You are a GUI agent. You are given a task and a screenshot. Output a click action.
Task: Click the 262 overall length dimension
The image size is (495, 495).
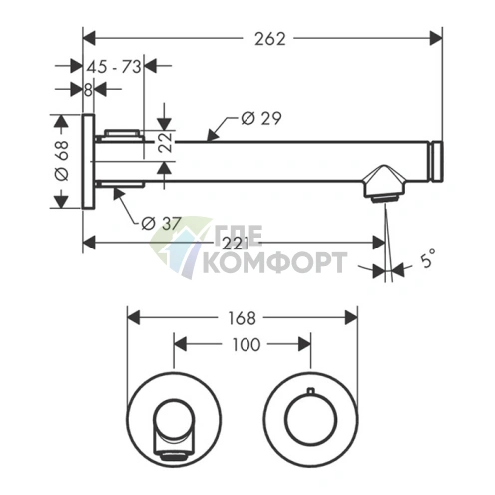[270, 39]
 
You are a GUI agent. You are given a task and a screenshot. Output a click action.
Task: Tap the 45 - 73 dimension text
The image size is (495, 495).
[114, 67]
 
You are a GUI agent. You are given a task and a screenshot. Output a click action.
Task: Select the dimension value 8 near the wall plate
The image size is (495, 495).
[88, 90]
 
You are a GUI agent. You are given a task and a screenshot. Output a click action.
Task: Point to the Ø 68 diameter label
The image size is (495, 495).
[61, 161]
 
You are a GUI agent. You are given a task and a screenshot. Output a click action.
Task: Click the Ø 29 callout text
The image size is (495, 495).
[261, 118]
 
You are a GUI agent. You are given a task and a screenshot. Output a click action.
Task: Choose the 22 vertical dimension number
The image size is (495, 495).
[165, 143]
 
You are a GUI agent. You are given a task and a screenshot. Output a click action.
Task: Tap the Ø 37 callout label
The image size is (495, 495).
[162, 223]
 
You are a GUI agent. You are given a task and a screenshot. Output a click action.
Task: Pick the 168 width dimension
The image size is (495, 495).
[242, 318]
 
